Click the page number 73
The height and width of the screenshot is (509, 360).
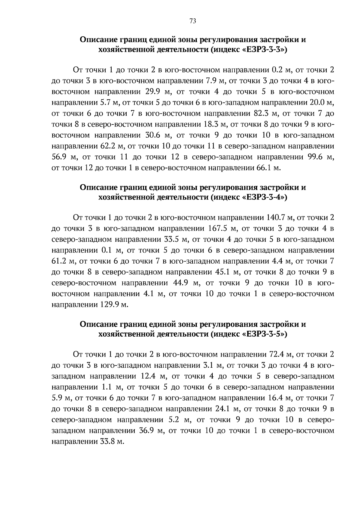pyautogui.click(x=193, y=21)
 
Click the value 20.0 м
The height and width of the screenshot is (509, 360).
pyautogui.click(x=321, y=103)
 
